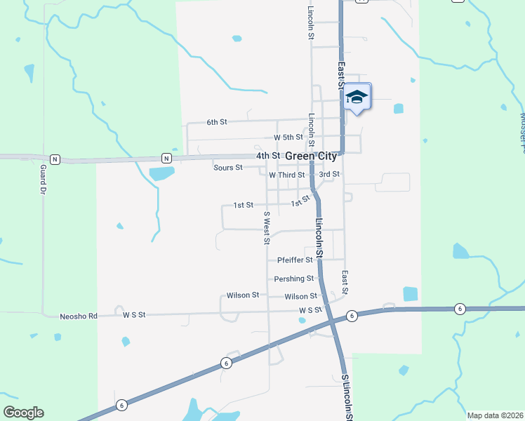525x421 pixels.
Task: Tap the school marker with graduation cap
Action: tap(357, 97)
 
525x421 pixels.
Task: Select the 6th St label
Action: tap(217, 122)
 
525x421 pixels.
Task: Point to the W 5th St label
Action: tap(288, 138)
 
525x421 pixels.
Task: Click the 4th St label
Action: tap(268, 156)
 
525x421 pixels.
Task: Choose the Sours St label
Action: tap(228, 168)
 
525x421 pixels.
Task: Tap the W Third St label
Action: tap(286, 175)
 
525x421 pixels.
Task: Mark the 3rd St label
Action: tap(329, 174)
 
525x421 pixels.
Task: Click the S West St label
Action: tap(267, 227)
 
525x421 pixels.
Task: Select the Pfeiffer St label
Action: tap(295, 260)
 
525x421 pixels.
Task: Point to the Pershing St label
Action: tap(293, 279)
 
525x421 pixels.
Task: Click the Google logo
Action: tap(23, 413)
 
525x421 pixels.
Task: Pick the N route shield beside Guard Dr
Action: tap(55, 159)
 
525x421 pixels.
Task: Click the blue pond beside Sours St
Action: tap(161, 173)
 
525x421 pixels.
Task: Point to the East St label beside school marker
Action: tap(341, 76)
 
